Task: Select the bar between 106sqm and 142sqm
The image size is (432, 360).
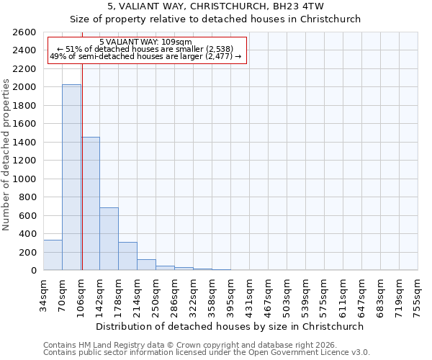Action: pos(90,204)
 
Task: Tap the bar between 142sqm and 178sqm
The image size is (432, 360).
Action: pos(109,239)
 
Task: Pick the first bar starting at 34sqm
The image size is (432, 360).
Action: pos(53,255)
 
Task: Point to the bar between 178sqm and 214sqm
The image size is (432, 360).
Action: pos(127,256)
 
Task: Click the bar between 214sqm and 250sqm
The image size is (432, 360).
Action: pos(146,265)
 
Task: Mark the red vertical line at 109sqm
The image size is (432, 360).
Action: pos(82,166)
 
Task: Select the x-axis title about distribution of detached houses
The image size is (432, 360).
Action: pos(230,326)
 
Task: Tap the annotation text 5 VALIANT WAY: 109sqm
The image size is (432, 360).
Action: pos(145,42)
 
